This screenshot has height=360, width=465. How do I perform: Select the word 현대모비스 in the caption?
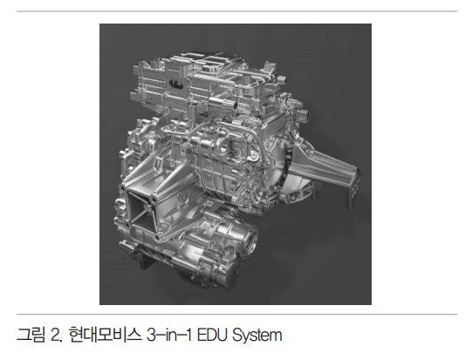point(105,335)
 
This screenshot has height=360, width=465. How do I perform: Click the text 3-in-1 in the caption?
point(168,335)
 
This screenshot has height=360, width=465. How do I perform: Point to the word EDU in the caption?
point(212,335)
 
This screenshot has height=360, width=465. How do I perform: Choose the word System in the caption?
point(257,336)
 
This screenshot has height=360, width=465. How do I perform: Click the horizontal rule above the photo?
point(237,11)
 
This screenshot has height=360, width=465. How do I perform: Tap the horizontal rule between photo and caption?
point(237,314)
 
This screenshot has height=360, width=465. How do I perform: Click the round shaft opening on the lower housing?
point(251,241)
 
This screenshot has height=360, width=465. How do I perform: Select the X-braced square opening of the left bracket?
point(141,212)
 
